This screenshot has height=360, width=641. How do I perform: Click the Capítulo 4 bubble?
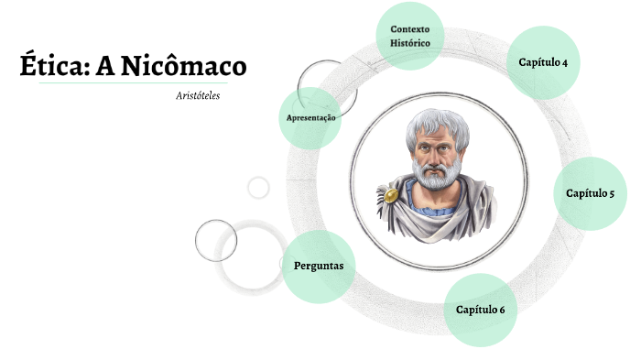tap(543, 62)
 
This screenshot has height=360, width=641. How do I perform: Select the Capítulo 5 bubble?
tap(590, 193)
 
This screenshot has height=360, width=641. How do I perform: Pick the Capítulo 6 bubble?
tap(481, 309)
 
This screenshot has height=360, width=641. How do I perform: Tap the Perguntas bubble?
tap(318, 267)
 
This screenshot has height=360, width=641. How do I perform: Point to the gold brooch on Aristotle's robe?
tap(392, 195)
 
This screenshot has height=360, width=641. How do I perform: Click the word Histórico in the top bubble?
tap(409, 43)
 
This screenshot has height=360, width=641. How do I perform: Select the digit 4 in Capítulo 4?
tap(565, 62)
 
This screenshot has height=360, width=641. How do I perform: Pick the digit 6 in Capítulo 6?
tap(502, 310)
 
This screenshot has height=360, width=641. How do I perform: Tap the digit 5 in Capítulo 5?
tap(611, 193)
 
